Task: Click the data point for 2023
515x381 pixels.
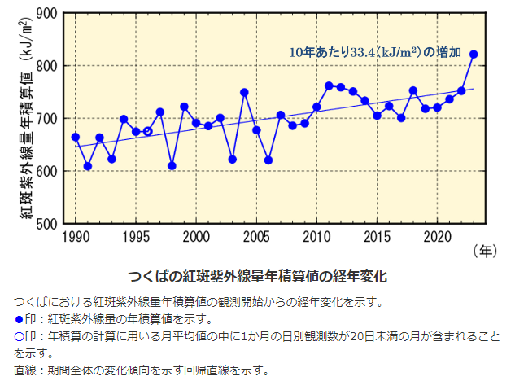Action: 474,55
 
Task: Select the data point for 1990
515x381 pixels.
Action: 76,137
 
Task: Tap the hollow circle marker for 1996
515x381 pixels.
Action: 147,131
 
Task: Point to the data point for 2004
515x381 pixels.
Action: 244,93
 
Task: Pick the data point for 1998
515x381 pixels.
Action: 172,166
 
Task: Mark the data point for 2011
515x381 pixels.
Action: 329,85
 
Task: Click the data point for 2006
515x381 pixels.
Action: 268,160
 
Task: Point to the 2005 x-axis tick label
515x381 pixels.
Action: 256,237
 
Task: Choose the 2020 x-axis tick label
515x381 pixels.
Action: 437,237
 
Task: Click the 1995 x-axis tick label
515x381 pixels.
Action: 136,237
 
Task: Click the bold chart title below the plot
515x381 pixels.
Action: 257,276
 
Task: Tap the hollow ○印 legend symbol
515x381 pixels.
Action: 20,336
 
